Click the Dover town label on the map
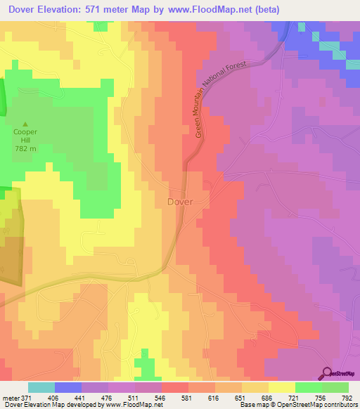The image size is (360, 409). (179, 201)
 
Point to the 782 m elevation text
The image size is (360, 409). (26, 148)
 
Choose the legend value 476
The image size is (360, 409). (108, 398)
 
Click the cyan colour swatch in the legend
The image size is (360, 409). (41, 387)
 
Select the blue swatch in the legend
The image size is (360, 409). (68, 387)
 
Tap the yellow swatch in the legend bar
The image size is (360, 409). (281, 387)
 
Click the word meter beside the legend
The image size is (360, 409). (10, 398)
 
